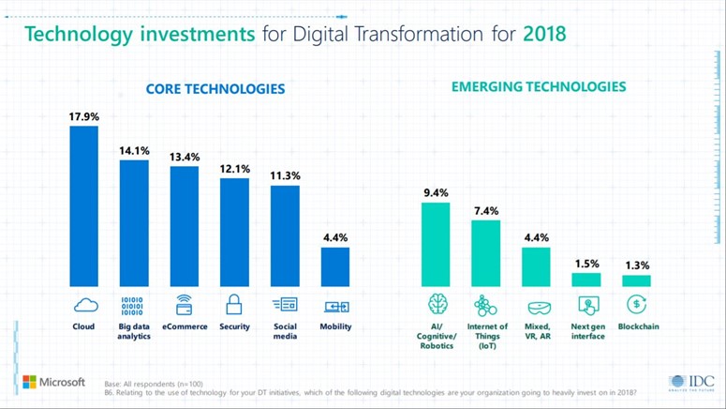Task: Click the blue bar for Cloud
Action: (84, 205)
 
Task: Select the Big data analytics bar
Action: (134, 223)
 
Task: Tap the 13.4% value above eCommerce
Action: (185, 157)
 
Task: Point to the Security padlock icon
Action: (234, 305)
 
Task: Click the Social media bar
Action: (285, 235)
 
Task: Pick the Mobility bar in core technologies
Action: (335, 266)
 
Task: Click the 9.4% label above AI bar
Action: (436, 193)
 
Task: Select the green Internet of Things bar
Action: (485, 253)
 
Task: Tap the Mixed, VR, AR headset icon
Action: (537, 306)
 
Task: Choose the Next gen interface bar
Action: (586, 280)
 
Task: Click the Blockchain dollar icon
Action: (637, 304)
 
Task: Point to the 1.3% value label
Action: (637, 265)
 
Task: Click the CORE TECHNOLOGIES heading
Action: (215, 89)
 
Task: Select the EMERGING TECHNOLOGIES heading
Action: (539, 86)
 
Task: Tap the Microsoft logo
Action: (53, 383)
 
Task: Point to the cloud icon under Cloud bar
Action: (84, 305)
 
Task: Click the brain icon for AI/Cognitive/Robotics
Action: (437, 305)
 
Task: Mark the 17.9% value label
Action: (83, 117)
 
